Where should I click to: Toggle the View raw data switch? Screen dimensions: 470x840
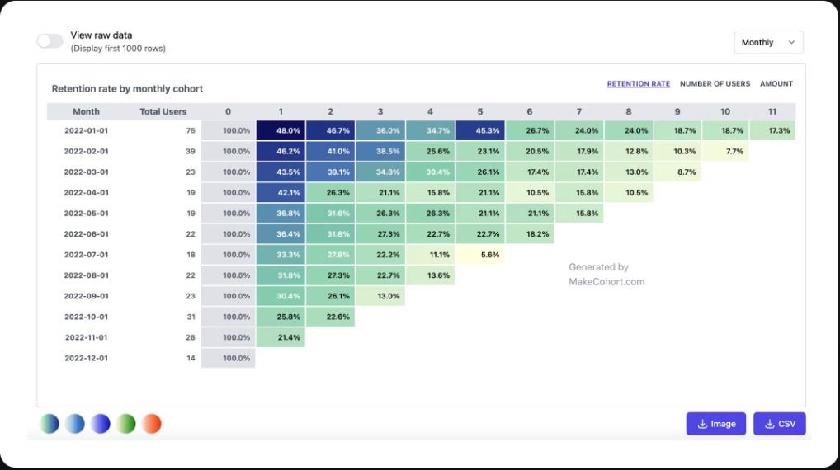50,41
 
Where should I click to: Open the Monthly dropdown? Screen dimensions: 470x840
768,42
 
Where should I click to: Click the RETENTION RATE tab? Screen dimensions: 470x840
638,84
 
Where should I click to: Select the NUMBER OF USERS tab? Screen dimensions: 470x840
715,84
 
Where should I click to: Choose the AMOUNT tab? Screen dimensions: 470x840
776,84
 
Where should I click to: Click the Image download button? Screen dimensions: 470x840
715,424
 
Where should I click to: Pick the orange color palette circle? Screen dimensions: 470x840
151,424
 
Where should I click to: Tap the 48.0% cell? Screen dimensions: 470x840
281,130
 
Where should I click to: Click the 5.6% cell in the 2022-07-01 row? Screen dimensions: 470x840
479,255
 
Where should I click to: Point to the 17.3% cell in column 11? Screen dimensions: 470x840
772,130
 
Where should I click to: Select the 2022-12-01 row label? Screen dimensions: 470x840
86,358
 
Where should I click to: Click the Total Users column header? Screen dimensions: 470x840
163,111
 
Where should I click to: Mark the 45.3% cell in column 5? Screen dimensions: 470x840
479,130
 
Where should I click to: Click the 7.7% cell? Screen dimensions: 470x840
724,151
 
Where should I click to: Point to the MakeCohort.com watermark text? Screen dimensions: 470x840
606,282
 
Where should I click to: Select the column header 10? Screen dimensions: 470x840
724,111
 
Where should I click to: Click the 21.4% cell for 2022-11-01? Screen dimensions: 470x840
281,337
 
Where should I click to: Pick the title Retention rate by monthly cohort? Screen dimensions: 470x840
127,89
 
